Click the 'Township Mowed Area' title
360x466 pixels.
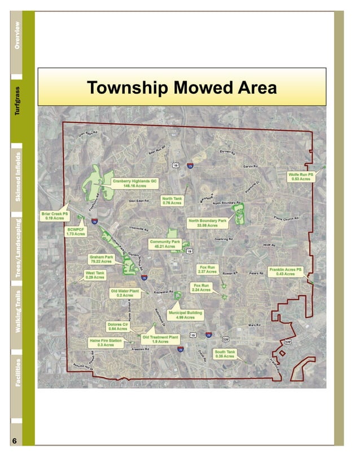[x=182, y=88]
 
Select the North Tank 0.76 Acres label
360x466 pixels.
[x=172, y=201]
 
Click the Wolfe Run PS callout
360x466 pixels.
[x=301, y=177]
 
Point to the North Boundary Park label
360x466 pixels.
[x=208, y=222]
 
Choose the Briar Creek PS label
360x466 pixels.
[x=55, y=217]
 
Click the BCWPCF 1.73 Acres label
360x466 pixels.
[x=76, y=232]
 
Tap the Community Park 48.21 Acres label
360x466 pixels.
[x=165, y=244]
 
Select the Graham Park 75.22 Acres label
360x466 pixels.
[x=102, y=260]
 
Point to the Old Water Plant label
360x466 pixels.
[x=125, y=293]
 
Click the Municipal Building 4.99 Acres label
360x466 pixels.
[x=186, y=315]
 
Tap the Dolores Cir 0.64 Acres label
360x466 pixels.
[x=118, y=327]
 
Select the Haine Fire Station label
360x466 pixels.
[x=105, y=342]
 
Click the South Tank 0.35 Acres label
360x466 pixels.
[x=225, y=354]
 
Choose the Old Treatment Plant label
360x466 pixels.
[x=160, y=339]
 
